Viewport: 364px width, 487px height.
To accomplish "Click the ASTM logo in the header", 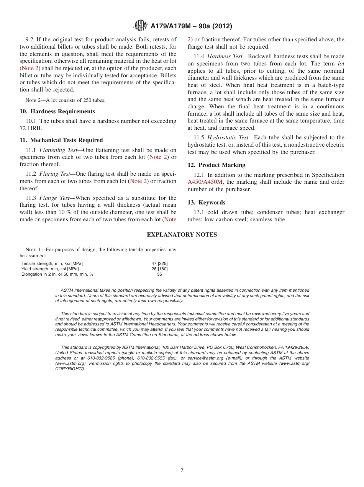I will (x=140, y=26).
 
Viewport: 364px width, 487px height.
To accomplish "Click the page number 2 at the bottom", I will (x=182, y=470).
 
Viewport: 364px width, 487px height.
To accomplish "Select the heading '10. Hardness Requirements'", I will (x=57, y=111).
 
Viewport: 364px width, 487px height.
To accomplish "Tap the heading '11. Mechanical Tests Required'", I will (x=61, y=140).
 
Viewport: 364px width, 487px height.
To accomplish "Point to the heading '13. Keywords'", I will (x=207, y=203).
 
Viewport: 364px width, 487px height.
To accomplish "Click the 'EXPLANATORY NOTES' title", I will (x=182, y=235).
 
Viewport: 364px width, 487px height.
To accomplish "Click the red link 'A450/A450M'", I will (x=205, y=182).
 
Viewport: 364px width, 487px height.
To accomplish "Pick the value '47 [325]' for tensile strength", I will (x=159, y=263).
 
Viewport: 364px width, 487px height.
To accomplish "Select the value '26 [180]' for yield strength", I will (x=159, y=269).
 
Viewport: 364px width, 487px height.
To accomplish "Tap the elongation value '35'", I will (x=159, y=274).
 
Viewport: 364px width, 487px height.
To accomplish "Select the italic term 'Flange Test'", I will (x=54, y=198).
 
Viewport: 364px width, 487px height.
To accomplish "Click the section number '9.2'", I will (x=30, y=39).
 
